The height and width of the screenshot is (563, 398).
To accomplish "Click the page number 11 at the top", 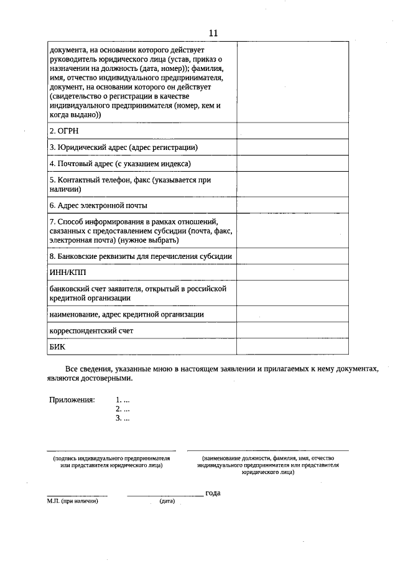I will coord(213,33).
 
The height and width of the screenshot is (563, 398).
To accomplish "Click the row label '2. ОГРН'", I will coord(64,131).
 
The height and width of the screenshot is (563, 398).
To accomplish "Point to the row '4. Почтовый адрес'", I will coord(119,164).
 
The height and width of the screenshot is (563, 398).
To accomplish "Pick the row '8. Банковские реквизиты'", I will coord(141,256).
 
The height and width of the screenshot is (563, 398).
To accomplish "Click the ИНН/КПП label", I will coord(68,272).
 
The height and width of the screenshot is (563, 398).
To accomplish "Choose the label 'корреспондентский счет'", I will coord(91,330).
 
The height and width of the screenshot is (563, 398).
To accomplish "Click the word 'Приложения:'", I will coord(72,399).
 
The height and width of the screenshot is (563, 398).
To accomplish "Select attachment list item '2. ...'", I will coord(123,409).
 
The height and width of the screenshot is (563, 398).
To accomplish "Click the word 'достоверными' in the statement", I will coord(107,378).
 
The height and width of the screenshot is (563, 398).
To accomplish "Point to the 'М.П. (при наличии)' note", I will coord(73,501).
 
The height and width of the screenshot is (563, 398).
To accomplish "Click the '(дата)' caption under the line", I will coord(167,501).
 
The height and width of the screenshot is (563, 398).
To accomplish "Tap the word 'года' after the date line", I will coord(213,493).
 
